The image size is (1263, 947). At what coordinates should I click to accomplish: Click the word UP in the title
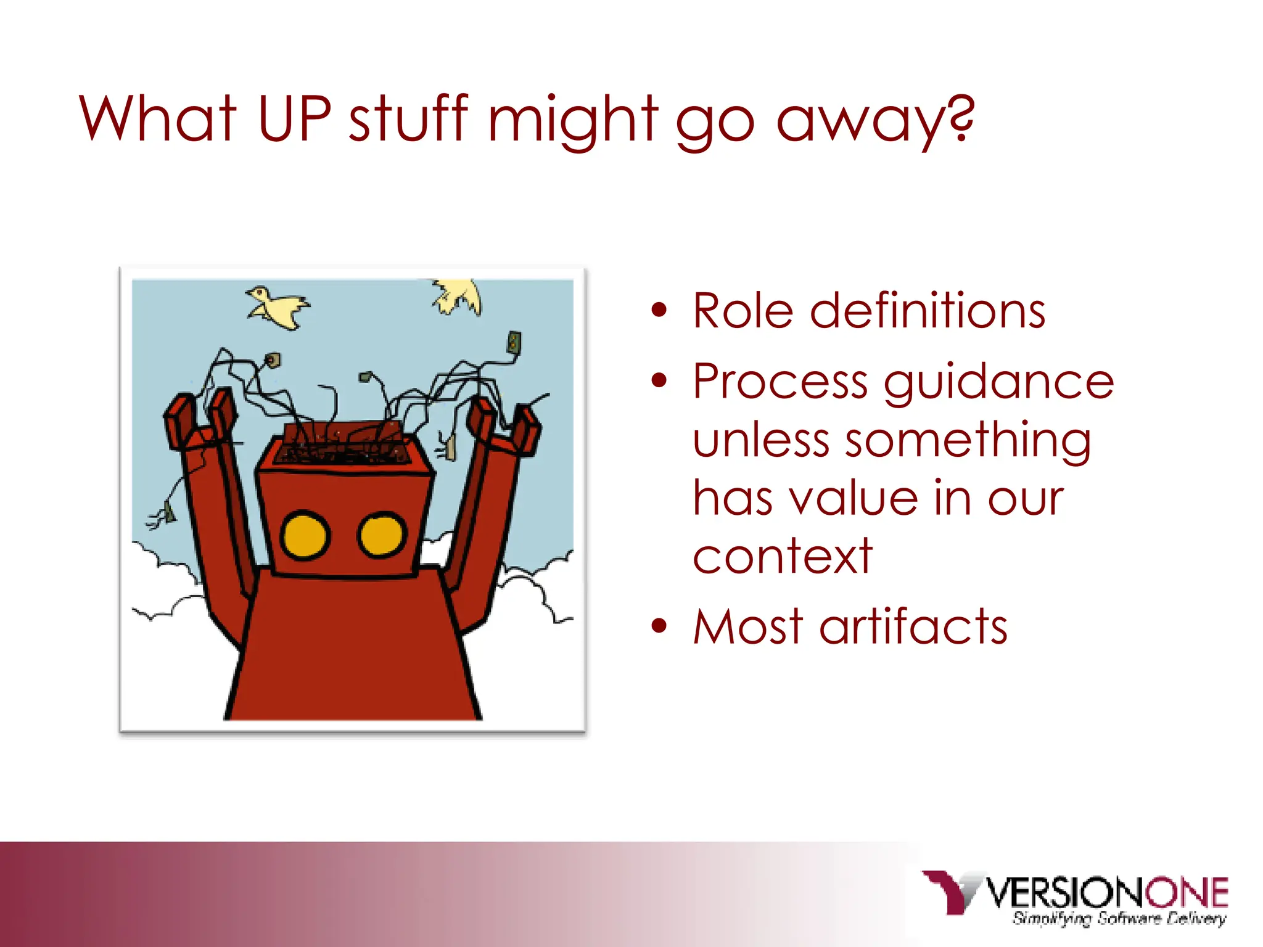click(294, 118)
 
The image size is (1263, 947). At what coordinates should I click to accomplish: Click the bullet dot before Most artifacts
click(659, 626)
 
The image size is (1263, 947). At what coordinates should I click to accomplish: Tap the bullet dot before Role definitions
click(659, 310)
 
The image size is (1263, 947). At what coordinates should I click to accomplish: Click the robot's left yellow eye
click(305, 535)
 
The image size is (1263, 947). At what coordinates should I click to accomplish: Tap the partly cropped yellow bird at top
click(458, 294)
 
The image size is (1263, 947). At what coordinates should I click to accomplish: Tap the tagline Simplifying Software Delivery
click(1119, 919)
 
